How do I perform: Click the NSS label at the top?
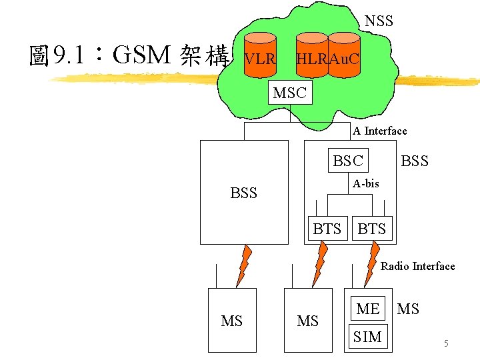pos(379,21)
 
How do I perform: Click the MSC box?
pos(289,93)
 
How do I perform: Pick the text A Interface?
pos(380,131)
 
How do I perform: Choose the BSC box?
pos(348,161)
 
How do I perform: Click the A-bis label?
pos(366,183)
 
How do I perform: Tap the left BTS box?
pos(327,229)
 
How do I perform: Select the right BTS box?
pos(372,229)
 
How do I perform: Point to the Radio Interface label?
pos(417,266)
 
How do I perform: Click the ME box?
pos(368,309)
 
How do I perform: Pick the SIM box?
pos(368,337)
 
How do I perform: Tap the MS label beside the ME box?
pos(408,309)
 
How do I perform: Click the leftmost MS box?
pos(232,321)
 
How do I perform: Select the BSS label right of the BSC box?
pos(414,161)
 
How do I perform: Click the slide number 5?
pos(446,344)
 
